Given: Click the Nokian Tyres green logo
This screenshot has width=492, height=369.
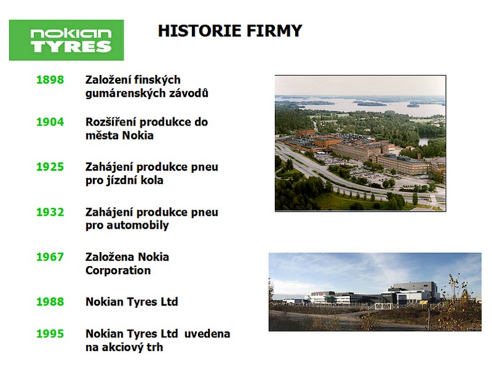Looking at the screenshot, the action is [66, 40].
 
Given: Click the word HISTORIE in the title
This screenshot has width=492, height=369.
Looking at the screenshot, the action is [200, 31].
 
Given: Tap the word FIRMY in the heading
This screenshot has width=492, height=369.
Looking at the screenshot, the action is [274, 31].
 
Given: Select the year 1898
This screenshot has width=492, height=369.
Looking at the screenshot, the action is [50, 80].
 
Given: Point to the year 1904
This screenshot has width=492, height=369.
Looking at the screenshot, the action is [50, 122].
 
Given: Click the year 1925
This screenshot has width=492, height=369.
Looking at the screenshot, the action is [50, 167].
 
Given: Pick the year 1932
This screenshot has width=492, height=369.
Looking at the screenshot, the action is [50, 212].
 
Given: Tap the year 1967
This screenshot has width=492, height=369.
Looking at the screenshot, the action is [50, 256].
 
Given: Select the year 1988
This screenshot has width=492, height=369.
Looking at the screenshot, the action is [50, 301].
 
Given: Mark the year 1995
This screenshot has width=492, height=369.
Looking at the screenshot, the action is [50, 333].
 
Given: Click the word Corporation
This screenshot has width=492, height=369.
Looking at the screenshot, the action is [118, 270].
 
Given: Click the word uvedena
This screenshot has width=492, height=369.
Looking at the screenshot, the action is [207, 333].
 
